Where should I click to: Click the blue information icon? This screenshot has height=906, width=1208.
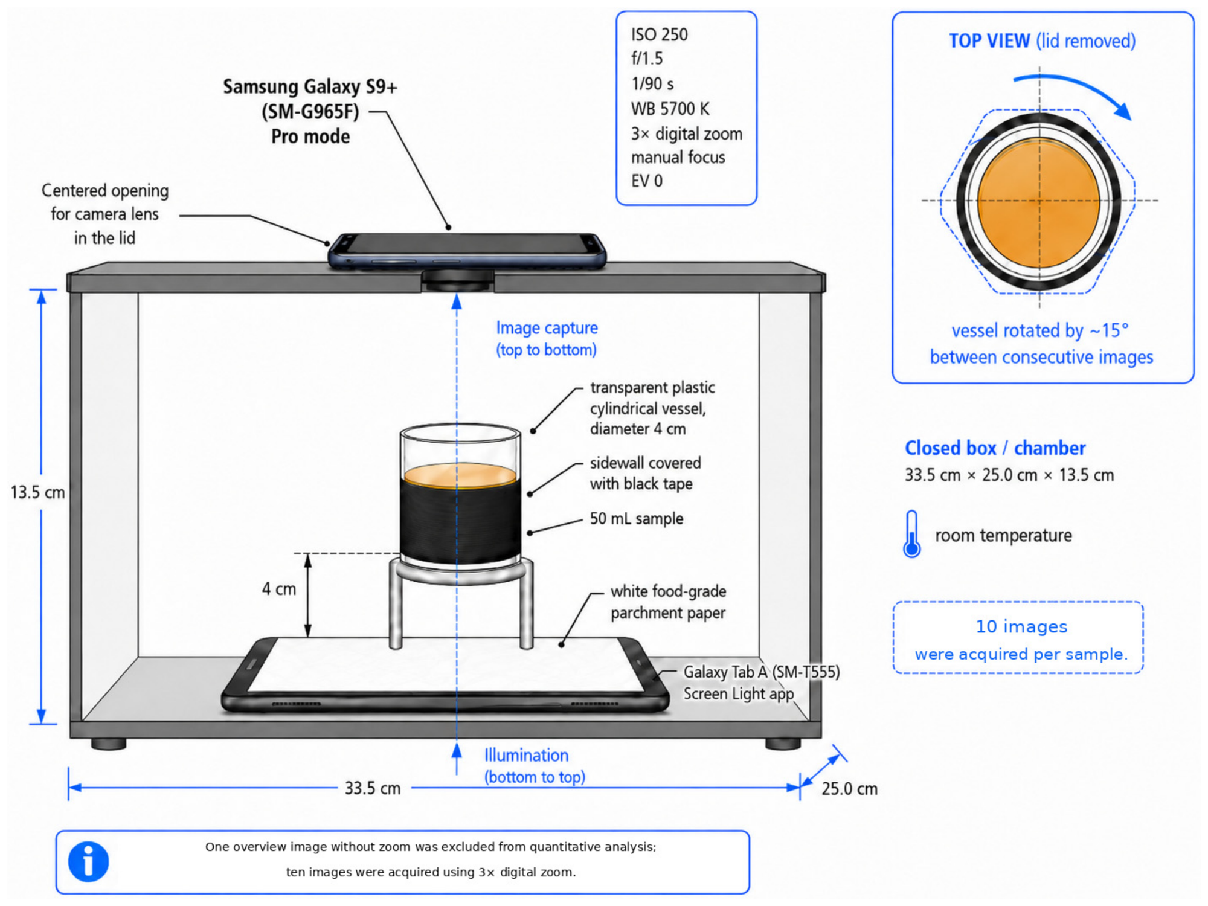coord(88,861)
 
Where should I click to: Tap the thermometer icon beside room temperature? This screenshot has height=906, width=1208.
coord(911,534)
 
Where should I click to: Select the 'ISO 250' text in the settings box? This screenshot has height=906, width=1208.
coord(659,34)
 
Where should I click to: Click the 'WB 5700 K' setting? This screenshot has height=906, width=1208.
coord(670,109)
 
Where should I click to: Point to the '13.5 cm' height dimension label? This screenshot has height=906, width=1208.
coord(37,492)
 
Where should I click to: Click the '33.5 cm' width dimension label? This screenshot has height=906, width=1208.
coord(373,788)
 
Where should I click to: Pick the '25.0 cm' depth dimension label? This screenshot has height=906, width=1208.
coord(849,789)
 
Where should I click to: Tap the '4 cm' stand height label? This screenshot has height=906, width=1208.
coord(279,589)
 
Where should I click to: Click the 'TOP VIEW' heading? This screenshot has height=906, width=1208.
coord(989,41)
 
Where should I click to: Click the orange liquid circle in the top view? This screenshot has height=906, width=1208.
coord(1038,202)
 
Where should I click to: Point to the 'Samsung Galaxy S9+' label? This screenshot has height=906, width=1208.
coord(310,87)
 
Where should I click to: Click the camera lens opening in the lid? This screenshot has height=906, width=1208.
coord(457,280)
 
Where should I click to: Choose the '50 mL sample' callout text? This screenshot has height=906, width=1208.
coord(637,519)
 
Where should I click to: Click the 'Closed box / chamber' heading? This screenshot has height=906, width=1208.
coord(995,448)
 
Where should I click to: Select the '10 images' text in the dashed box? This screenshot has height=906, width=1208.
coord(1022,626)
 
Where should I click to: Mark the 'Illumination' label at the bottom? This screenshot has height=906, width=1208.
coord(526,755)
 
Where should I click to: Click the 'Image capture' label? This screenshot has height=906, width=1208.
coord(547,328)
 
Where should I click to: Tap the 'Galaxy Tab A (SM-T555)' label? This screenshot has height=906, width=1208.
coord(761,672)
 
